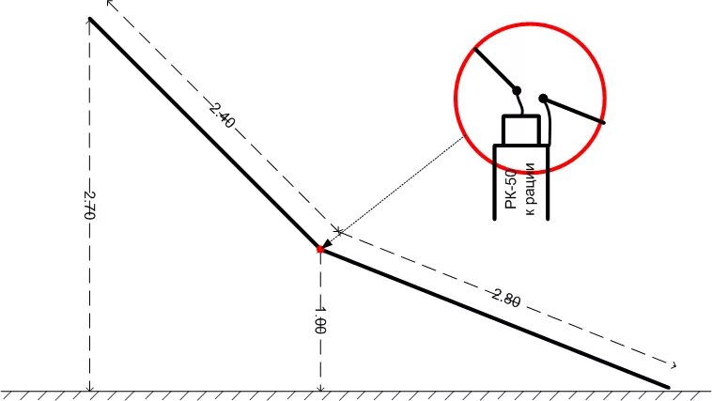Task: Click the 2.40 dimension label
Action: coord(222,116)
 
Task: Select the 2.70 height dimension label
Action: coord(90,205)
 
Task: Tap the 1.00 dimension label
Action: coord(320,320)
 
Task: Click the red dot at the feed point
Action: coord(320,249)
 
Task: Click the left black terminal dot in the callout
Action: coord(517,90)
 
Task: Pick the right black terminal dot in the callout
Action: coord(543,97)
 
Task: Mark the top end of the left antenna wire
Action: coord(90,19)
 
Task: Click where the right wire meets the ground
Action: coord(668,386)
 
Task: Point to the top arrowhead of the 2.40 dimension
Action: coord(111,4)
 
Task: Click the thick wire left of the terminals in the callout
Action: coord(494,68)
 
